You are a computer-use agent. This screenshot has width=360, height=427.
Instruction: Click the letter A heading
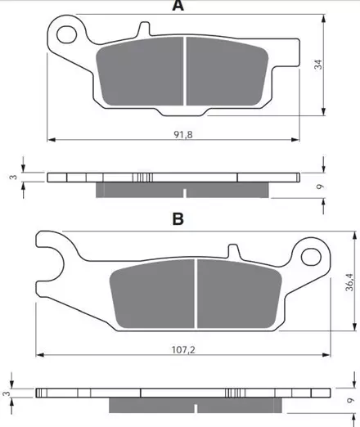(x=178, y=6)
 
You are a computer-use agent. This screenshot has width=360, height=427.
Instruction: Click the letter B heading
(x=178, y=218)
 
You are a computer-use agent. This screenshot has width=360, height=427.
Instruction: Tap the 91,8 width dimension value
(x=183, y=134)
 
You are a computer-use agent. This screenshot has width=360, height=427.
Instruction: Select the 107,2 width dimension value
(x=183, y=349)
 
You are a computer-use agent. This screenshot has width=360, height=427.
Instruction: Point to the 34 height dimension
(x=318, y=65)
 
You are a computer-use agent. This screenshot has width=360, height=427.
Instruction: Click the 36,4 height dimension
(x=349, y=282)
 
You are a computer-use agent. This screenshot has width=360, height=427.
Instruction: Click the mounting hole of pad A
(x=66, y=34)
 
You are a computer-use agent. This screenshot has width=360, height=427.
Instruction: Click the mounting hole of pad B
(x=311, y=257)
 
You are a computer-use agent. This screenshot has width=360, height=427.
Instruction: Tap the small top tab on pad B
(x=234, y=250)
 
